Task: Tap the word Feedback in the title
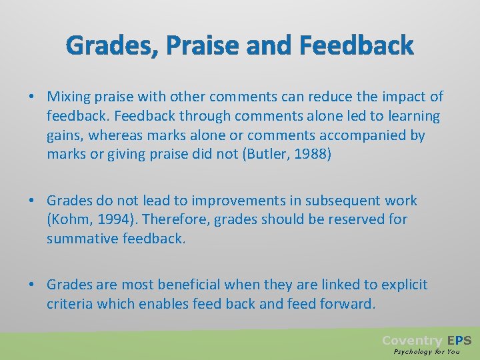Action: click(357, 46)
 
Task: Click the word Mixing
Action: click(69, 97)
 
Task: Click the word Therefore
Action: click(174, 219)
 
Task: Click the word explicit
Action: click(405, 285)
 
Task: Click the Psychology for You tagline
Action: click(427, 351)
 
